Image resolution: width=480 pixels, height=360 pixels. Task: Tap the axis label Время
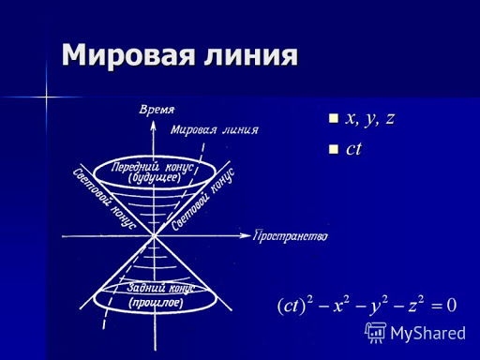coord(158,108)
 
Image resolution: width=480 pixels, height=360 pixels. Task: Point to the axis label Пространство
coord(291,235)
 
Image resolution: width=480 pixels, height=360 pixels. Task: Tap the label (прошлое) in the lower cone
coord(157,302)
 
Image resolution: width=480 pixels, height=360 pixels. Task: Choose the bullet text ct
coord(353,148)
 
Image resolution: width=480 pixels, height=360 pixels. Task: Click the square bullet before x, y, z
coord(333,120)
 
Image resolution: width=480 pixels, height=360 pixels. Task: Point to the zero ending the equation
coord(451,305)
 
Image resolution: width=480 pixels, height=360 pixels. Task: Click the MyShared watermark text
coord(427,332)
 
